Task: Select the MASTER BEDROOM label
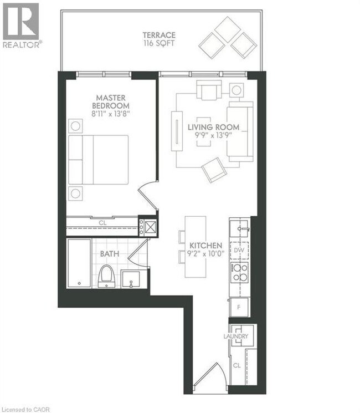111,102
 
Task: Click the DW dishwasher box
240,251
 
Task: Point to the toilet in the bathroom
106,276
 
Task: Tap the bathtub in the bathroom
79,263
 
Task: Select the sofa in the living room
240,132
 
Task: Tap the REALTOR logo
20,26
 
